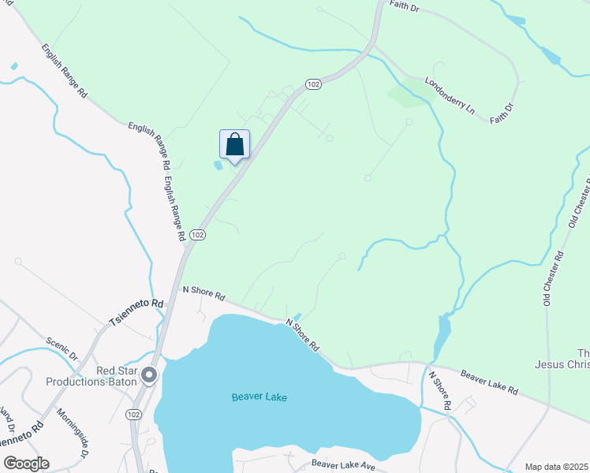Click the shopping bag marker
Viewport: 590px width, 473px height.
(234, 145)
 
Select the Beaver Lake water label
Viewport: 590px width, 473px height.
(260, 397)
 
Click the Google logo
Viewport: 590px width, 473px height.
(26, 464)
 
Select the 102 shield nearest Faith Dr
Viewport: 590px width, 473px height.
(313, 84)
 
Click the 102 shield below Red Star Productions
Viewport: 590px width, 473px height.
(133, 413)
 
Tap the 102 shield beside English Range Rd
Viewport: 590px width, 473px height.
(198, 235)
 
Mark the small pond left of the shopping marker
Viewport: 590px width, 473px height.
(217, 166)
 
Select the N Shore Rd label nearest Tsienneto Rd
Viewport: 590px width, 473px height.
(204, 294)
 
